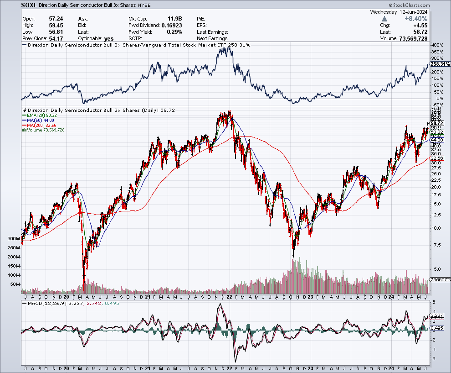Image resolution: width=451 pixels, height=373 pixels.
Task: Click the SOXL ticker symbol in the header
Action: (x=30, y=5)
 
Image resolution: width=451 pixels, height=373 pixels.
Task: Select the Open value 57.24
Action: (x=56, y=19)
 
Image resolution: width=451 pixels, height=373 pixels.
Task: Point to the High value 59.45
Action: (x=56, y=26)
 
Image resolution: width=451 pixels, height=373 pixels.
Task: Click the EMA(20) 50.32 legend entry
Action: (x=42, y=116)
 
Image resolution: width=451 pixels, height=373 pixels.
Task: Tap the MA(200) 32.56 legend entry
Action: (x=42, y=125)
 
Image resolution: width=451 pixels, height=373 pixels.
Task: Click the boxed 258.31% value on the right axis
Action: (x=440, y=64)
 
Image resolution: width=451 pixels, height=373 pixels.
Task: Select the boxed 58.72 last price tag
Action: (x=437, y=124)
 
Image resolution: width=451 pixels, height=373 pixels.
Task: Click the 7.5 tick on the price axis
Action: (x=436, y=245)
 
